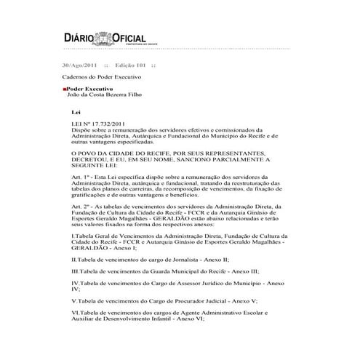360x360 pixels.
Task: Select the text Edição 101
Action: point(134,64)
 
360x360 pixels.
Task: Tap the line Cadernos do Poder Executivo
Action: point(100,76)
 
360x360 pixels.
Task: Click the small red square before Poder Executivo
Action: point(64,89)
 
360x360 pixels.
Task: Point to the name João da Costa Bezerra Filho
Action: point(107,95)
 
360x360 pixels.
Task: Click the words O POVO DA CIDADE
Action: point(104,153)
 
